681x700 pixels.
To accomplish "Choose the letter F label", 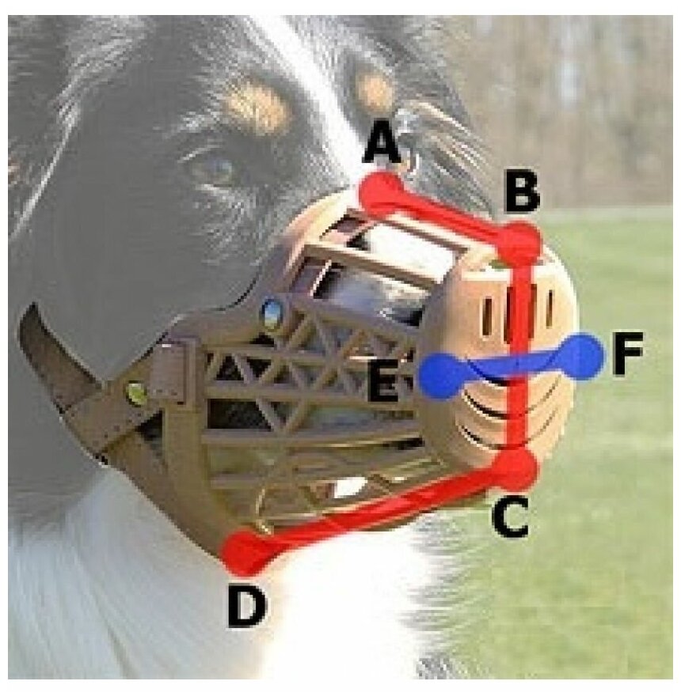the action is [628, 358].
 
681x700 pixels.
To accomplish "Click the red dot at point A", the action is [381, 192].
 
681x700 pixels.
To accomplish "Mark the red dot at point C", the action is [516, 468].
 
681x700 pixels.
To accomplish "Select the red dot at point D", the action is [247, 551].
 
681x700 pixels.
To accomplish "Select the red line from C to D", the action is [380, 510].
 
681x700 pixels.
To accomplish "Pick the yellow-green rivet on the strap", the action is [137, 392].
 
